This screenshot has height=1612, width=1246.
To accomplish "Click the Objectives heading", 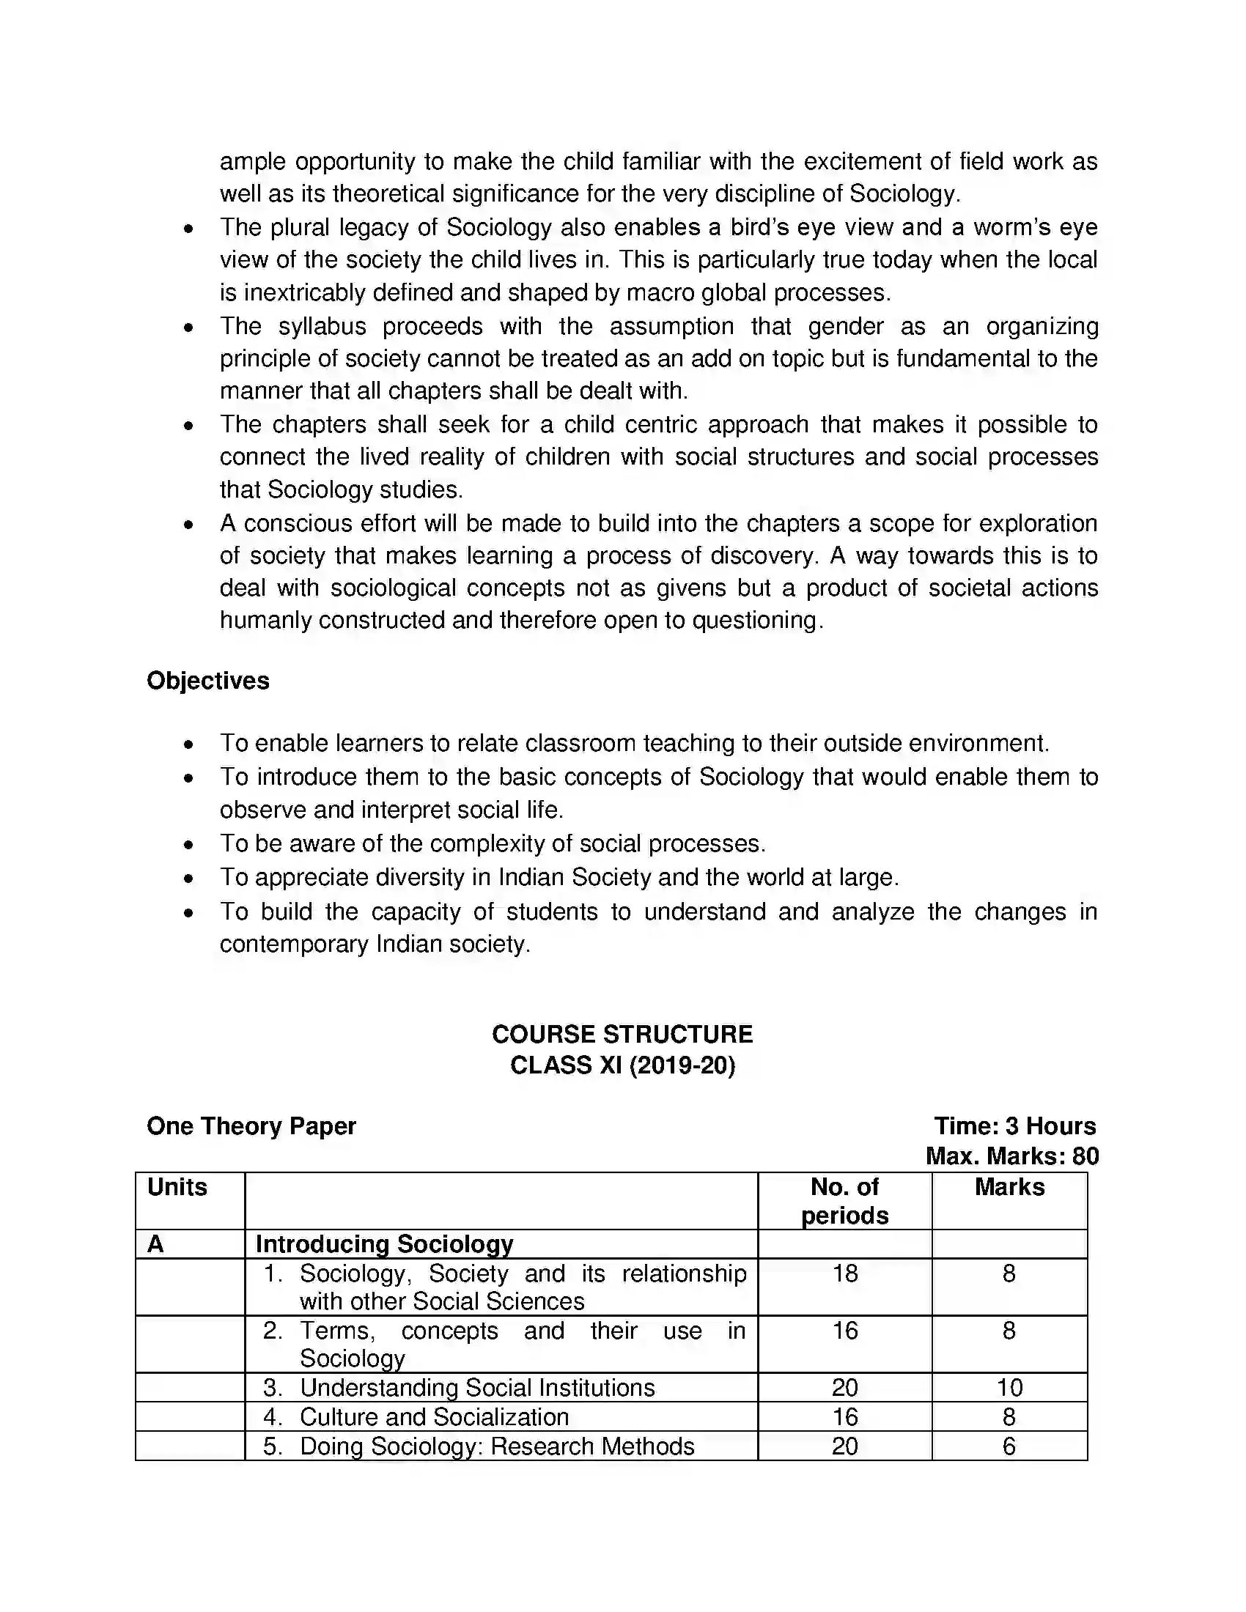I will click(208, 681).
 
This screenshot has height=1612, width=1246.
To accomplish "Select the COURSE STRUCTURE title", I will click(622, 1034).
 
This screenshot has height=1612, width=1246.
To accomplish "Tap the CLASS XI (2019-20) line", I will click(622, 1065).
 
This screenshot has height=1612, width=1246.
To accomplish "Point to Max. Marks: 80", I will click(1011, 1156).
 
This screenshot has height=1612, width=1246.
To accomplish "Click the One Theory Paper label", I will click(251, 1125).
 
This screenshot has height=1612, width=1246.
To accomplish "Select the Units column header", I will click(177, 1187).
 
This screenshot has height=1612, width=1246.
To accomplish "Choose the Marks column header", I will click(1009, 1187).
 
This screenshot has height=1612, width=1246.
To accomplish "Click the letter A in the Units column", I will click(155, 1244).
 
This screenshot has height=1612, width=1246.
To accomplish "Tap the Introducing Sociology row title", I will click(384, 1244).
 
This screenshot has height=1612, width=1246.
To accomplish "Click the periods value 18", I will click(844, 1273).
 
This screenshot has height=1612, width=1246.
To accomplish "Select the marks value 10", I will click(1009, 1388).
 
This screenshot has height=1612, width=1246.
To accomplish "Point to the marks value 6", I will click(1009, 1446).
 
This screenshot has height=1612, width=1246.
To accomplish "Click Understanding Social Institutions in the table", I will click(477, 1388).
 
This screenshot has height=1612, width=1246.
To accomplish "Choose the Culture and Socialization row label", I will click(434, 1417).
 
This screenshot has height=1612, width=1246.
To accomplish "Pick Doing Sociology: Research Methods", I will click(497, 1446).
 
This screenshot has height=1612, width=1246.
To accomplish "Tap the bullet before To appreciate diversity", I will click(189, 879).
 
